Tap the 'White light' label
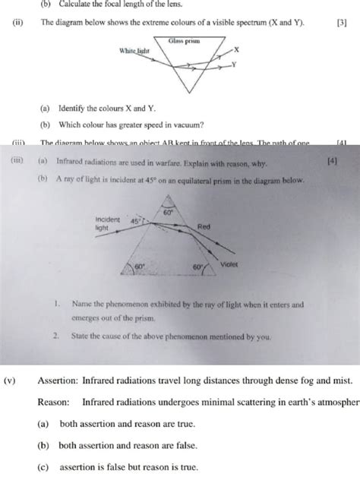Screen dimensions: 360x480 [x=134, y=50]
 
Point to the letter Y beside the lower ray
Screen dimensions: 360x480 [x=234, y=65]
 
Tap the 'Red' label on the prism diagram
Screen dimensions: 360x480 [x=204, y=227]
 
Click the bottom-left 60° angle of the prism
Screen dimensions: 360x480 [x=140, y=267]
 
